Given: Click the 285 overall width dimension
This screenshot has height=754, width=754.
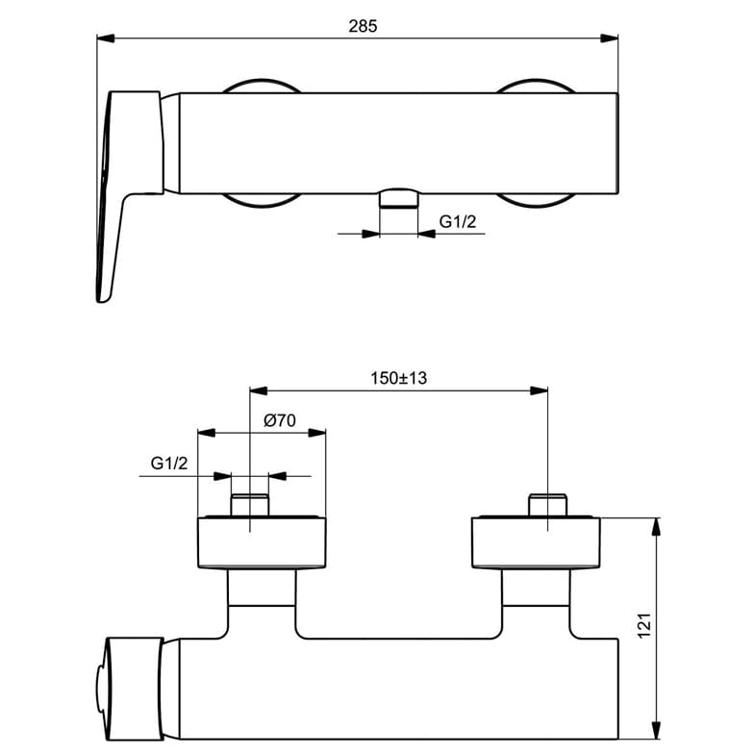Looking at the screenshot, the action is [364, 26].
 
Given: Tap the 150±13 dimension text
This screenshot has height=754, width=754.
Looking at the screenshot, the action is [398, 379].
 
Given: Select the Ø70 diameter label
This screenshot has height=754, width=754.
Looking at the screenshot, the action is [279, 421].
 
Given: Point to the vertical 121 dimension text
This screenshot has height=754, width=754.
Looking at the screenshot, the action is [644, 625].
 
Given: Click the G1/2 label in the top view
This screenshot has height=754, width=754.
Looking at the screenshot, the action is [458, 221].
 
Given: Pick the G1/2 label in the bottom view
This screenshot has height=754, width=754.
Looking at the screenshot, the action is [169, 464].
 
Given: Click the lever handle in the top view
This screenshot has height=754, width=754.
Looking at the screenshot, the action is [130, 196].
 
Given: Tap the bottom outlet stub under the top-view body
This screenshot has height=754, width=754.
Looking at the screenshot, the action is [399, 198].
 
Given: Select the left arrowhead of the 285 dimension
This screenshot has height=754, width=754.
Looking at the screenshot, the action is [106, 38].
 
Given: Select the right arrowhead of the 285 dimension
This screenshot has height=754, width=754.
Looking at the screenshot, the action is [610, 38].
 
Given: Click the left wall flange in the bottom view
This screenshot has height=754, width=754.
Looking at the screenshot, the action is [262, 542].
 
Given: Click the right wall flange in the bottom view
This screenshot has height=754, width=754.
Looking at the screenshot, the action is [536, 542].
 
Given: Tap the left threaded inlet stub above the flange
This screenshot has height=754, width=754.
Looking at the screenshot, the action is [250, 505].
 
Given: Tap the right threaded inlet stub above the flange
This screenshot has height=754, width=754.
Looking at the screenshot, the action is [548, 505].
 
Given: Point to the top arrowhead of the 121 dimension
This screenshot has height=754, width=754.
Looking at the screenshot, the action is [656, 527].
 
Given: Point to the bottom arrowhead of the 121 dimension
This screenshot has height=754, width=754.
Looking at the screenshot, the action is [656, 731].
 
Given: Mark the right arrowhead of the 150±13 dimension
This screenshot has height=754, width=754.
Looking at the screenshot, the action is [539, 390].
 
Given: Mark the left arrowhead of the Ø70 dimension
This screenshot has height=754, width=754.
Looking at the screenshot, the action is [206, 433].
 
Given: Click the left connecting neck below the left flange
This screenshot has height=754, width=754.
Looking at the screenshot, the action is [262, 587].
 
